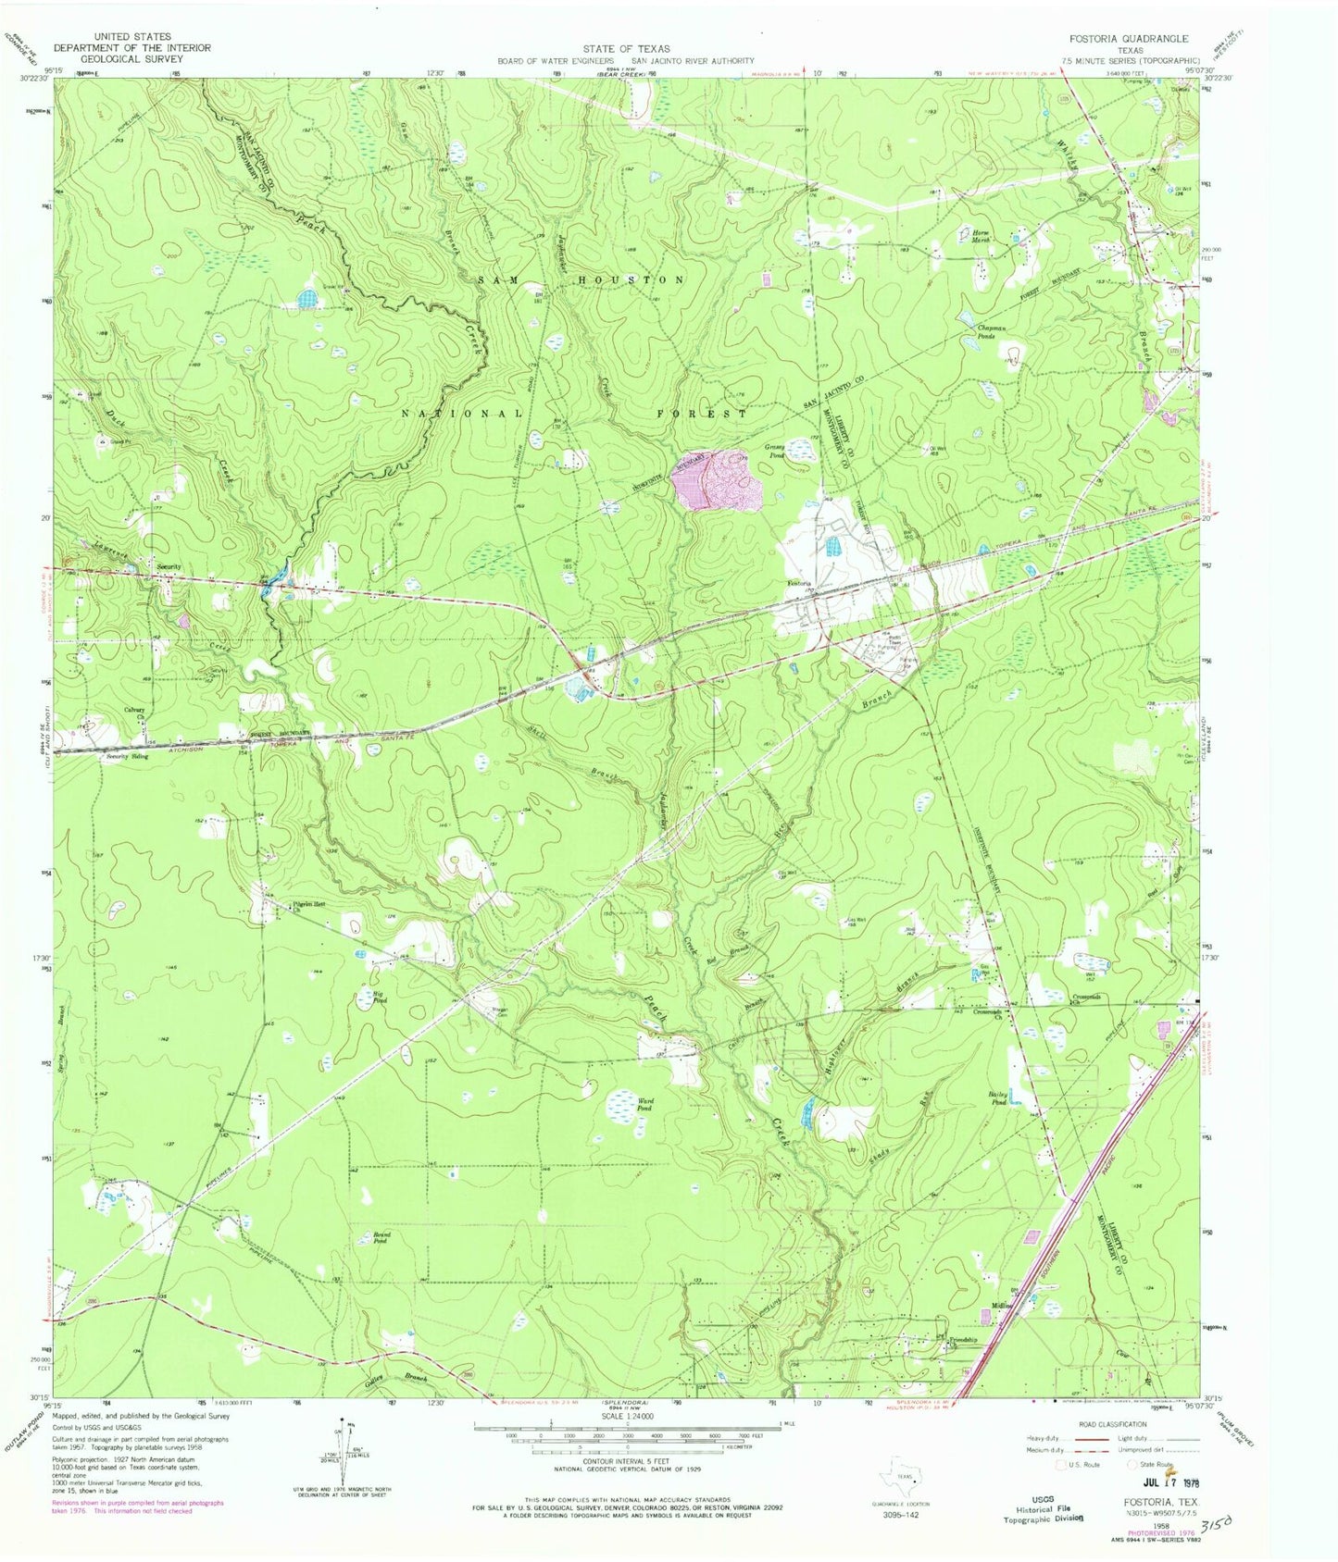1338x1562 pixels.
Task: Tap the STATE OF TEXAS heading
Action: pos(626,49)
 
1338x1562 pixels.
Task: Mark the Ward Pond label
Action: pos(644,1103)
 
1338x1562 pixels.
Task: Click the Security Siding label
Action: pos(127,756)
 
